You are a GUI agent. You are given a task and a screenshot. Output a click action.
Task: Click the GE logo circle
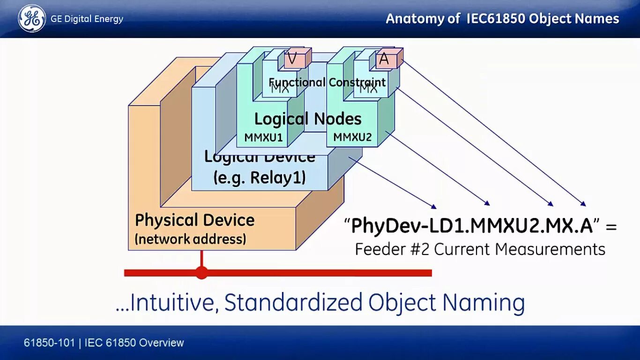coord(32,19)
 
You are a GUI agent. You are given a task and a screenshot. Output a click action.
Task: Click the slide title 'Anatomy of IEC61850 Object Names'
coord(502,19)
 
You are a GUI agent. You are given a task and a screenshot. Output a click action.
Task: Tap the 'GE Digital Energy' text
coord(87,19)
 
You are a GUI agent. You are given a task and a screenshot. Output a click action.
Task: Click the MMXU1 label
coord(263,137)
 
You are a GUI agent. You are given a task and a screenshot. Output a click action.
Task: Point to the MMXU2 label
coord(352,137)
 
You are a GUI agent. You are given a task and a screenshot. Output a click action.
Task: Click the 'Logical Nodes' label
coord(308,119)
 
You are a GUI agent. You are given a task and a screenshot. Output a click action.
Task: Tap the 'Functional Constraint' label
coord(327,82)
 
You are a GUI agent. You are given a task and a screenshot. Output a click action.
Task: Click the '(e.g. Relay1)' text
coord(259,178)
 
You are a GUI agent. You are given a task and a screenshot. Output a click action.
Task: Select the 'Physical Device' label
coord(194,220)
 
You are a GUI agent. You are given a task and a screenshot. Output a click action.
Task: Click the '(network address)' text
coord(190,239)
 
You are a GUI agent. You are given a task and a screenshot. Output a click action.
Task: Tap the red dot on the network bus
coord(201,272)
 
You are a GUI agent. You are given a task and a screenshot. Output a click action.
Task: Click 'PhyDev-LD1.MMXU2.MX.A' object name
coord(472,226)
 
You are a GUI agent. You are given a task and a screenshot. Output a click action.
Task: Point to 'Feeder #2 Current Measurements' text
coord(480,249)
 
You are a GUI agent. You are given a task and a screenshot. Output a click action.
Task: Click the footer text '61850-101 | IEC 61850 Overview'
coord(104,343)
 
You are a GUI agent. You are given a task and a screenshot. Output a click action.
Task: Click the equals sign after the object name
coord(611,227)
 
